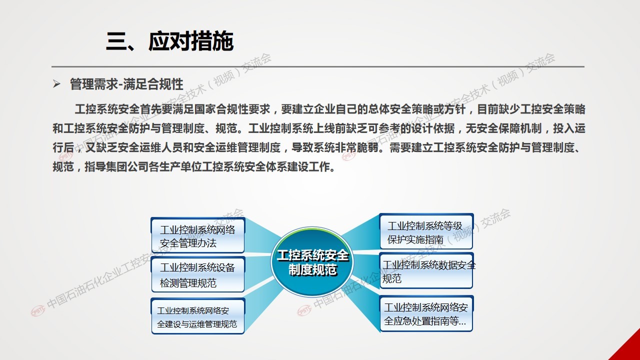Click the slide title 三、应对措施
169,41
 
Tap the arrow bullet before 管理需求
56,84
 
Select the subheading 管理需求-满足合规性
126,84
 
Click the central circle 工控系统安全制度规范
312,262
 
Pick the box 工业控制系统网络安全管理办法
197,235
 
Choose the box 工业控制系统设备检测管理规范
197,274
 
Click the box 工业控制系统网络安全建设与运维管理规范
197,316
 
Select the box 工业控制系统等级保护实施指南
426,231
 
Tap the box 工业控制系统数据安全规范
426,270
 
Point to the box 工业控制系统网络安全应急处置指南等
426,313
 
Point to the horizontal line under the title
317,67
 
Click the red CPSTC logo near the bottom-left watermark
38,310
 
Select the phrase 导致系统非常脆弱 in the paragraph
335,147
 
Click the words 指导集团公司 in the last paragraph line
116,167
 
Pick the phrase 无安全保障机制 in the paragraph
503,128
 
